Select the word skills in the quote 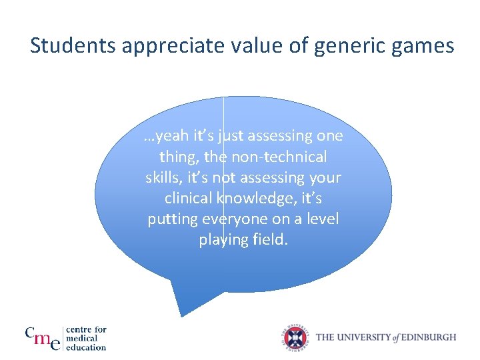[163, 177]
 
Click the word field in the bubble [269, 239]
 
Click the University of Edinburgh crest [295, 337]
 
